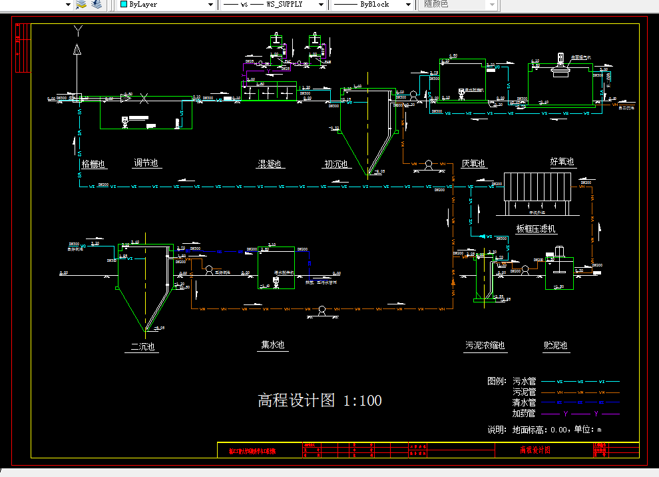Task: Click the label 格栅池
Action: [x=93, y=163]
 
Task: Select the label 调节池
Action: [x=146, y=163]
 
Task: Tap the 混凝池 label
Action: [x=270, y=164]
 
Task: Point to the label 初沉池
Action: [x=336, y=164]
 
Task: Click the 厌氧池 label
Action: [x=473, y=164]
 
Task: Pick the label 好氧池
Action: [x=562, y=161]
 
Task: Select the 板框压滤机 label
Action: [x=536, y=229]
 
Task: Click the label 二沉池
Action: [x=143, y=346]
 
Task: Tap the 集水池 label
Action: [x=273, y=345]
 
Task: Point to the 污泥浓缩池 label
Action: [x=485, y=346]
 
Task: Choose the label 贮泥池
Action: [x=555, y=346]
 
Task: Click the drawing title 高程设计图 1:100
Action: [x=320, y=400]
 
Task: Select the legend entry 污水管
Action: [x=525, y=382]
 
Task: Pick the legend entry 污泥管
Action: [x=525, y=392]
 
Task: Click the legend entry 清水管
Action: [x=525, y=403]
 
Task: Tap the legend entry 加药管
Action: [x=525, y=414]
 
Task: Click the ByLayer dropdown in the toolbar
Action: [x=167, y=4]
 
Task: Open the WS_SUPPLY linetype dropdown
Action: [x=273, y=4]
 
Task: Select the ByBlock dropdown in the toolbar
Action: [x=373, y=4]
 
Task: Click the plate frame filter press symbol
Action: [x=537, y=193]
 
